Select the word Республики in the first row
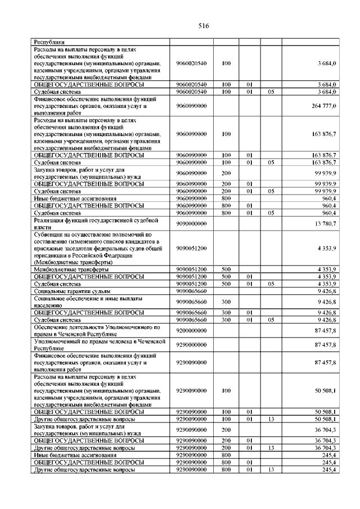tap(49, 42)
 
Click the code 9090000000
tap(191, 224)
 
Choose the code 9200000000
tap(191, 330)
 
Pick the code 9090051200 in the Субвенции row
tap(191, 247)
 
